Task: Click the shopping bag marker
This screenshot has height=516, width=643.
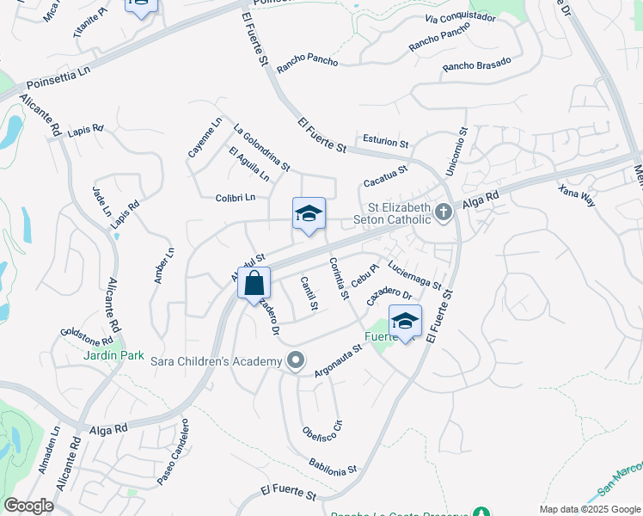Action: [x=254, y=283]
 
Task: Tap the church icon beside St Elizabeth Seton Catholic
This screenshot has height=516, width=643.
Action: [x=443, y=212]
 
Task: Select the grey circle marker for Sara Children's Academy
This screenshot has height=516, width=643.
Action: [x=296, y=360]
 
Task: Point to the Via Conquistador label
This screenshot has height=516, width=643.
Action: [x=461, y=17]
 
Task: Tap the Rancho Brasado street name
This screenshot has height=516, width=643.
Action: [x=477, y=64]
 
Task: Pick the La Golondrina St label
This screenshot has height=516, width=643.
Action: [x=261, y=146]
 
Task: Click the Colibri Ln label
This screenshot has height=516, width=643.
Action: [x=236, y=197]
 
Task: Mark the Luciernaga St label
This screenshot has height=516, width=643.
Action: [x=414, y=274]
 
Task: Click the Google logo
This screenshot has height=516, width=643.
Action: [x=28, y=506]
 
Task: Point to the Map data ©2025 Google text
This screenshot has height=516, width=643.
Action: [x=589, y=508]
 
